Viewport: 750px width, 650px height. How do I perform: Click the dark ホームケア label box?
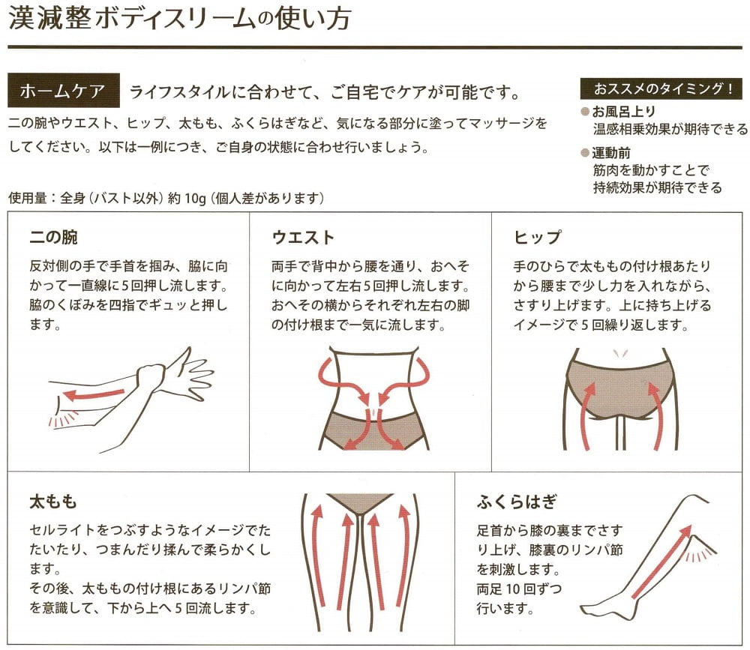pyautogui.click(x=63, y=93)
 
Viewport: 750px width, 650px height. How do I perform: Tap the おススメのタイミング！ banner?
pyautogui.click(x=663, y=89)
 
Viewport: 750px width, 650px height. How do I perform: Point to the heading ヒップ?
pyautogui.click(x=537, y=238)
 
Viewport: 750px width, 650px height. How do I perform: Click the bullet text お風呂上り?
pyautogui.click(x=624, y=112)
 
